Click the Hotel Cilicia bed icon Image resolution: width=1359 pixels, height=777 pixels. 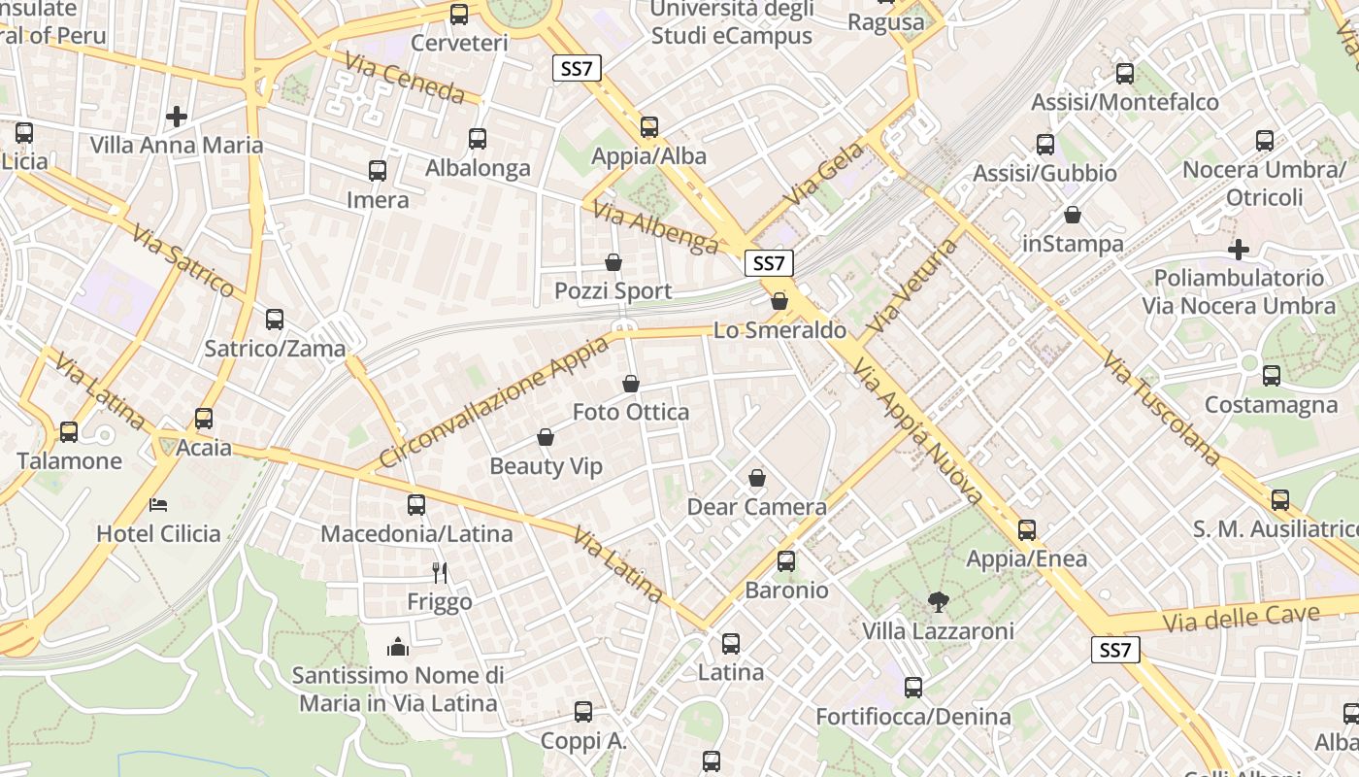point(158,504)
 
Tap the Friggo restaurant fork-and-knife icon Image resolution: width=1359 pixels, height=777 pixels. point(440,573)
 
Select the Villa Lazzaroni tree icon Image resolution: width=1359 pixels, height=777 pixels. point(938,602)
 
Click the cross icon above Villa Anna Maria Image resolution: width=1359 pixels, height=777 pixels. point(177,117)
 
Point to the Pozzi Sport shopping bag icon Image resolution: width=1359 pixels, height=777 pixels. point(613,262)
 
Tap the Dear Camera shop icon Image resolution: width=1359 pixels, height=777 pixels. point(757,478)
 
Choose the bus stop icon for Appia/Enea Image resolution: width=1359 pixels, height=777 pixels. point(1027,530)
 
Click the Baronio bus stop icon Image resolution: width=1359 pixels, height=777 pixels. point(786,561)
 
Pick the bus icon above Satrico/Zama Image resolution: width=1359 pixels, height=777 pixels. point(275,320)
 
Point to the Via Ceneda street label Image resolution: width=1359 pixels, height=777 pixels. point(405,78)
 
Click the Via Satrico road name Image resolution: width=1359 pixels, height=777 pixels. point(183,261)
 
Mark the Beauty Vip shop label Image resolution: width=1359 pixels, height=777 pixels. point(546,466)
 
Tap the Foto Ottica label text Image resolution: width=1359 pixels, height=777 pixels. point(631,412)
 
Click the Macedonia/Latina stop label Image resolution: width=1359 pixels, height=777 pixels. point(416,533)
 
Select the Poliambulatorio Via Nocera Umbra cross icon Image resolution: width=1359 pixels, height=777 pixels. point(1239,250)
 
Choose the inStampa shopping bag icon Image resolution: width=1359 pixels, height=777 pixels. point(1073,215)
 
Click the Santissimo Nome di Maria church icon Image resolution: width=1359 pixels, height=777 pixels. point(398,647)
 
